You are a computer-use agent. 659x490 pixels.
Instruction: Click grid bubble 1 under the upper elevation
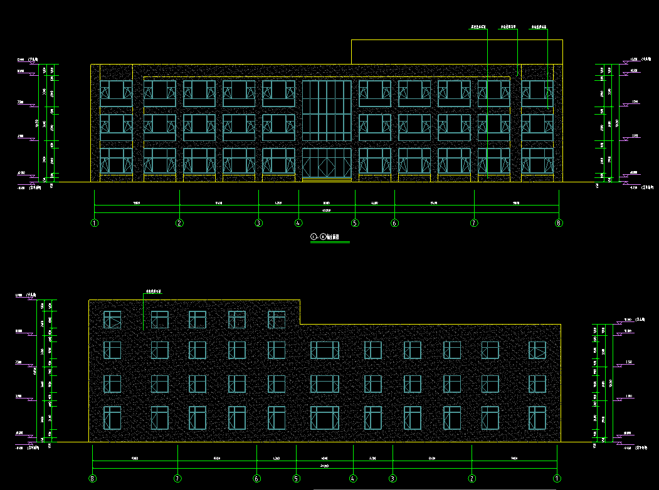[95, 222]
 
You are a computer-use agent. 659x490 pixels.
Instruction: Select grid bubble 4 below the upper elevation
[298, 222]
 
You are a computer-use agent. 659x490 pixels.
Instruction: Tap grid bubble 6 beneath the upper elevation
[394, 222]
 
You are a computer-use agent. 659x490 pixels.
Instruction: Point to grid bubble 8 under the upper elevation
[559, 222]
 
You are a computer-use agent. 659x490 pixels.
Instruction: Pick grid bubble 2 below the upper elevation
[179, 222]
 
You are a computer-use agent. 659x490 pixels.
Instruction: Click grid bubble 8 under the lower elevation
[93, 479]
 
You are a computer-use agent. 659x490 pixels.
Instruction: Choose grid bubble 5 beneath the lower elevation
[296, 479]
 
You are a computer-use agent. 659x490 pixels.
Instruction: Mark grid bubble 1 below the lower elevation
[557, 479]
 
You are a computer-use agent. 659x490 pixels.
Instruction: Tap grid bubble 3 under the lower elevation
[393, 479]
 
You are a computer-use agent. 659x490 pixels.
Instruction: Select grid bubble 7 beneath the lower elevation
[177, 479]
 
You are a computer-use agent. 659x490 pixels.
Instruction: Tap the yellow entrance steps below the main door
[326, 180]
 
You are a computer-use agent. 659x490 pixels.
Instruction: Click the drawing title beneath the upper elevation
[325, 237]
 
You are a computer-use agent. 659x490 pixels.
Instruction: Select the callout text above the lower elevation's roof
[154, 291]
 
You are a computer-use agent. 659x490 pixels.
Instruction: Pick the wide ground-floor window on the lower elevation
[324, 418]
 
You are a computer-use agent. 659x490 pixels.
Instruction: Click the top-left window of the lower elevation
[112, 320]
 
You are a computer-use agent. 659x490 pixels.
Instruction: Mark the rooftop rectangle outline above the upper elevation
[456, 51]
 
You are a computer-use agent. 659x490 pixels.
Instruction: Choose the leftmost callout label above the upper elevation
[478, 28]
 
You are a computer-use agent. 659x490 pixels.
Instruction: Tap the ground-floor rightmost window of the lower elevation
[537, 418]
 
